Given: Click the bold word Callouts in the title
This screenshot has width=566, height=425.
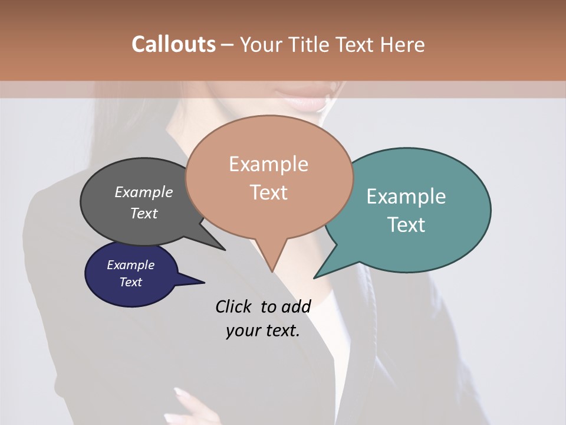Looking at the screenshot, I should point(173,44).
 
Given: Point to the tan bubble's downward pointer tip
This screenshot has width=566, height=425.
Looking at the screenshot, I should point(272,271).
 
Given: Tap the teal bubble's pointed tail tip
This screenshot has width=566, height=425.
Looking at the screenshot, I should point(315,277).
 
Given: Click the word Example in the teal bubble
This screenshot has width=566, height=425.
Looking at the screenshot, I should point(406,197).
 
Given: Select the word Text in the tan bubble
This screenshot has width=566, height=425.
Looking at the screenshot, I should point(269,192).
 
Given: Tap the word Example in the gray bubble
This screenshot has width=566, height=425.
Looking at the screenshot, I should point(143,192).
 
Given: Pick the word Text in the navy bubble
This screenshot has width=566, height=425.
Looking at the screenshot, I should point(131,282).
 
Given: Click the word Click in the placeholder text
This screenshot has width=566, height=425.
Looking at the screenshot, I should point(233,306).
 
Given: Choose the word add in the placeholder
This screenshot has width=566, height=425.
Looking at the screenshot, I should point(296,306).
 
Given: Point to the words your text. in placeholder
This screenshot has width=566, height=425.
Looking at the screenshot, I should point(262,331).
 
